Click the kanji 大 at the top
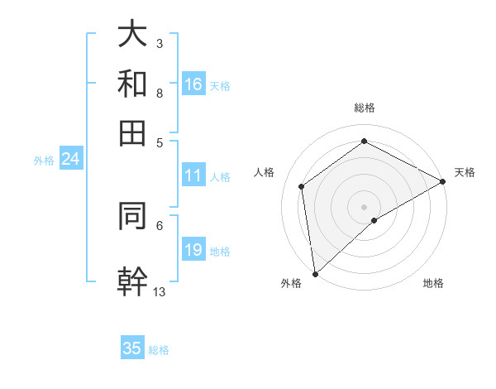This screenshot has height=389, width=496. point(132,34)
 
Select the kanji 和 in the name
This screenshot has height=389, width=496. point(132,84)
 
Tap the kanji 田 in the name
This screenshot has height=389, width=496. point(132,132)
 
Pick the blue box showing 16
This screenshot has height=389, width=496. point(193,84)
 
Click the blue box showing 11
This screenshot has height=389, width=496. point(193,175)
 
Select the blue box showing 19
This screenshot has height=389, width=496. point(193,250)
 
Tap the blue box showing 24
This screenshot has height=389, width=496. point(70,159)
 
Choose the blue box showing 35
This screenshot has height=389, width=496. point(132,348)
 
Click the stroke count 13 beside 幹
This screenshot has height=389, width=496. point(160,291)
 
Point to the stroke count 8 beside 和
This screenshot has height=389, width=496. point(159,94)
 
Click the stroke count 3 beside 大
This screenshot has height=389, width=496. point(159,43)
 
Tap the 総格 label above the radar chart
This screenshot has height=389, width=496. point(365,108)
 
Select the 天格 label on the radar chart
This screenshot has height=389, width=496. point(465,172)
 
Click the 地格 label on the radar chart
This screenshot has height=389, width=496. point(433,283)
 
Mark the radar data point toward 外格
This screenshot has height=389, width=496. point(315,274)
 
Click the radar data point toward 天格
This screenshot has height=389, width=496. point(443,182)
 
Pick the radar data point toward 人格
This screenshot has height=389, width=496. point(302,186)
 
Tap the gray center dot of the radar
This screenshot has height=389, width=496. point(365,206)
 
